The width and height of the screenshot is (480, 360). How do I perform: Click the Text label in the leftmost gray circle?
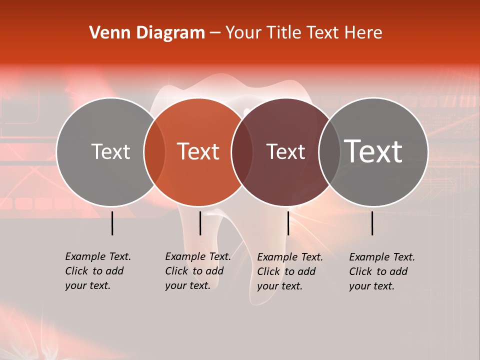click(x=110, y=151)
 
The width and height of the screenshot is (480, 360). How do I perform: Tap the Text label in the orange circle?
click(x=198, y=151)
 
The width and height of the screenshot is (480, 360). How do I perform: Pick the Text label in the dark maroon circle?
click(x=285, y=151)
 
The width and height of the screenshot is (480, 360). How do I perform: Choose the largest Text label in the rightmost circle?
click(x=373, y=151)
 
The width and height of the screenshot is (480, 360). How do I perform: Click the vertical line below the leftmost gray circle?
click(x=112, y=223)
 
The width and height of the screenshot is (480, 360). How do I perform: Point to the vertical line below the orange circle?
click(x=200, y=223)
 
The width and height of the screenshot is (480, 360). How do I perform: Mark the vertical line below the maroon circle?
click(x=288, y=223)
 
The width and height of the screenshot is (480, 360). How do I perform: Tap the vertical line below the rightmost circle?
click(x=372, y=223)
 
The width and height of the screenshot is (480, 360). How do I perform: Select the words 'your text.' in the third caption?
click(x=279, y=286)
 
